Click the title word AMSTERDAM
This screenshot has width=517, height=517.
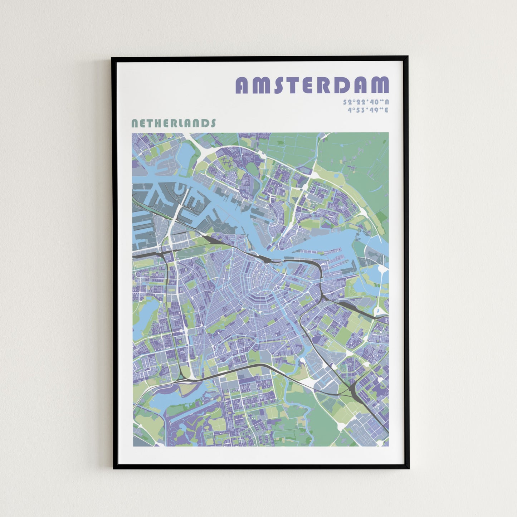pyautogui.click(x=312, y=85)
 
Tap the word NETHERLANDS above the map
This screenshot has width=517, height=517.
pyautogui.click(x=174, y=123)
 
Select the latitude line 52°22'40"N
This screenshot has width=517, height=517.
pyautogui.click(x=366, y=102)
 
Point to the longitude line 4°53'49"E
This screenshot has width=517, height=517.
pyautogui.click(x=368, y=110)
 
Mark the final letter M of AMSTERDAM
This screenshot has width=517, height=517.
pyautogui.click(x=380, y=85)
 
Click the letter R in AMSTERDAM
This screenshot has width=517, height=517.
pyautogui.click(x=327, y=85)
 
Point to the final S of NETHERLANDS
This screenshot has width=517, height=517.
pyautogui.click(x=213, y=123)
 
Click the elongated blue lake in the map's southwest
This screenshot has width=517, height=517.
pyautogui.click(x=165, y=401)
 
